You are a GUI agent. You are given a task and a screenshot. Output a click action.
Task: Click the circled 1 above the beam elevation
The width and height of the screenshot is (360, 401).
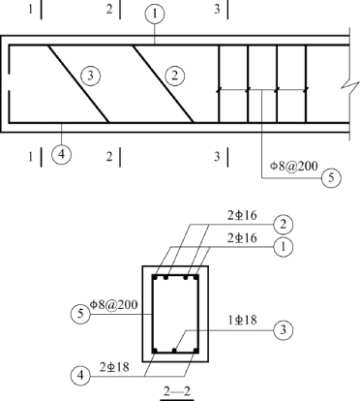click(x=155, y=15)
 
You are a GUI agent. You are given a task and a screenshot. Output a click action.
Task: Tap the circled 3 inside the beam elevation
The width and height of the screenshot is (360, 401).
click(x=90, y=76)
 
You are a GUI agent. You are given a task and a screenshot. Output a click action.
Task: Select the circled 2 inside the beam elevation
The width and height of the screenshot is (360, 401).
click(x=175, y=76)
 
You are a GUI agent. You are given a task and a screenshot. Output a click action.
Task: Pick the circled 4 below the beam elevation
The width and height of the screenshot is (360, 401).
click(x=61, y=154)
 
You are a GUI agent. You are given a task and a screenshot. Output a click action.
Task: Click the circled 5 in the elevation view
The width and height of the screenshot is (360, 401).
click(x=331, y=178)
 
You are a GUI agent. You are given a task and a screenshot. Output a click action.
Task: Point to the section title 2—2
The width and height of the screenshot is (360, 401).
click(x=177, y=391)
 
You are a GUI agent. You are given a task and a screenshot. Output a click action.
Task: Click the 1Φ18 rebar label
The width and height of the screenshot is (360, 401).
click(x=242, y=320)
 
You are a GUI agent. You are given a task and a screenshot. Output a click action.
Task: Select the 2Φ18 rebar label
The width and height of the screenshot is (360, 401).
click(x=114, y=367)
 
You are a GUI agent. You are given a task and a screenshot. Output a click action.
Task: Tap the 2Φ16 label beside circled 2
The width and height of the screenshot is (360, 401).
click(x=242, y=215)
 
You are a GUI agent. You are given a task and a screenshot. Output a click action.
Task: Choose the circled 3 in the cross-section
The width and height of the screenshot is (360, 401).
click(x=284, y=330)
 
